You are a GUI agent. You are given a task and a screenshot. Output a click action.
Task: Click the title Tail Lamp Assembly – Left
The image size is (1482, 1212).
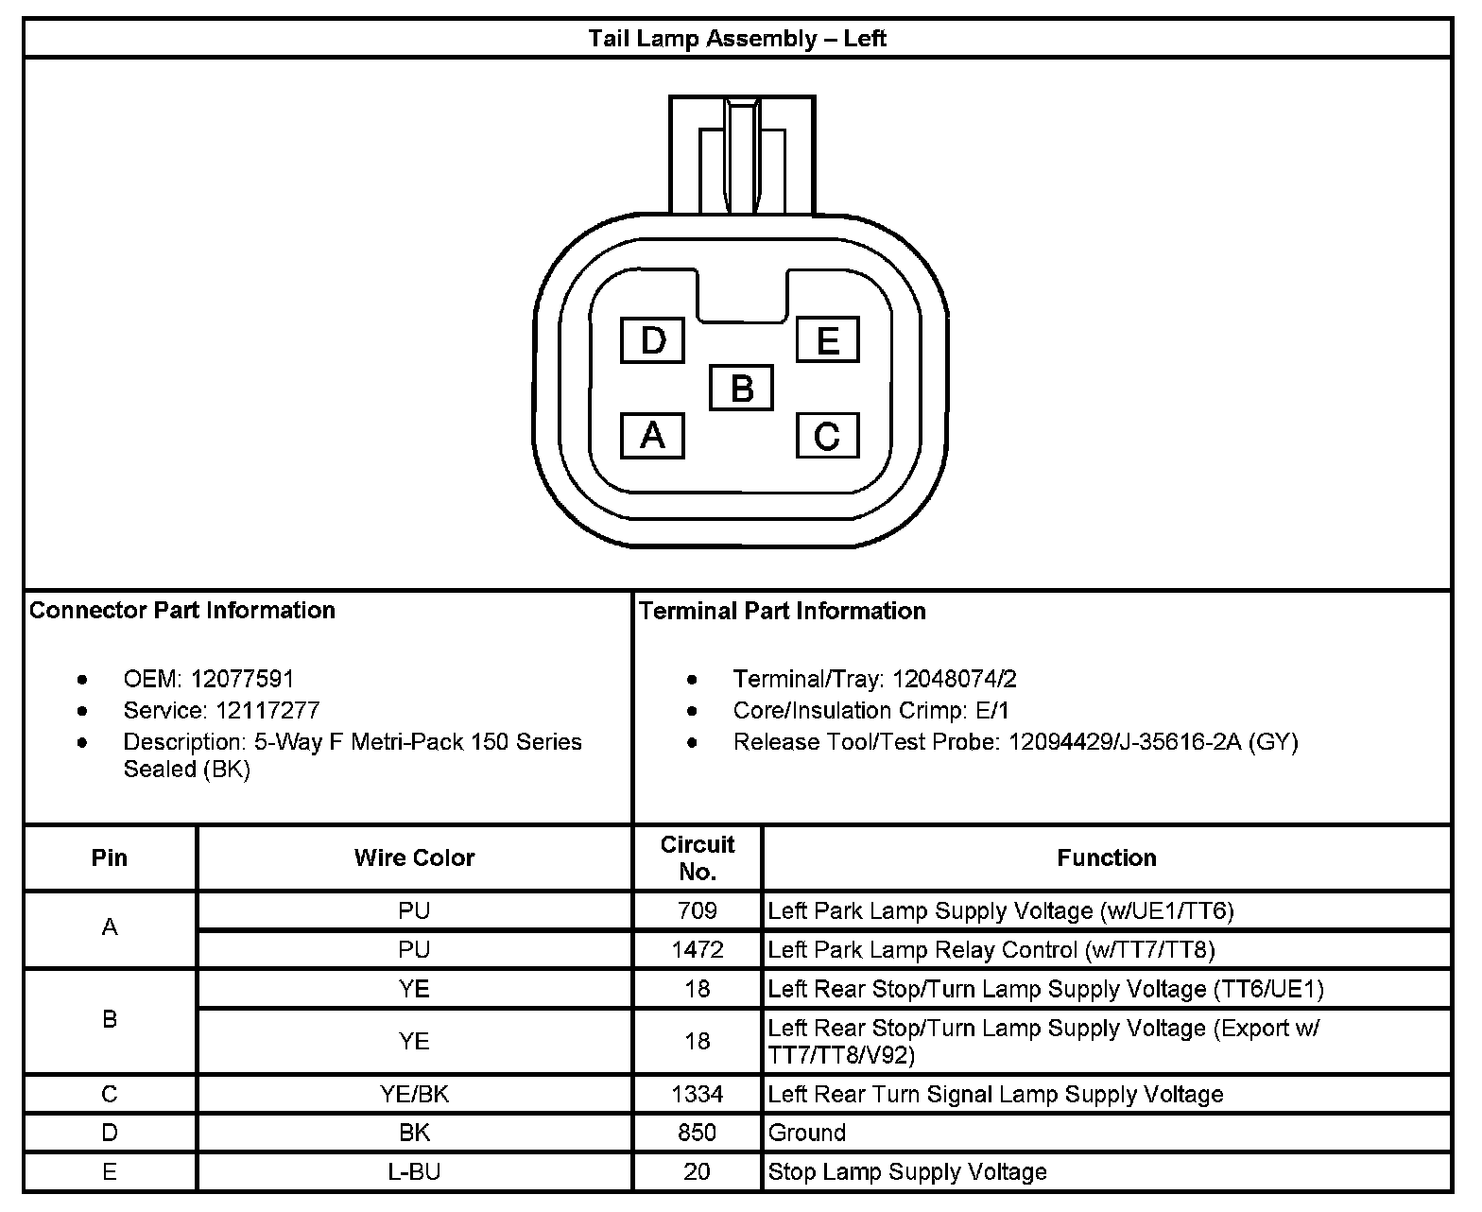pos(737,39)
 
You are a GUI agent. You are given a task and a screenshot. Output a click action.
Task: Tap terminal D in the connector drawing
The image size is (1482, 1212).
pos(652,340)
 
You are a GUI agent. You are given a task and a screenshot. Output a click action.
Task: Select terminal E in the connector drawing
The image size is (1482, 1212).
pos(827,340)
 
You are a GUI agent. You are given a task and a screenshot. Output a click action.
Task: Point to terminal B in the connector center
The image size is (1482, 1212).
pos(741,388)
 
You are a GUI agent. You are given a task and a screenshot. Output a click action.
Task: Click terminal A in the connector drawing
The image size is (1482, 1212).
pos(652,436)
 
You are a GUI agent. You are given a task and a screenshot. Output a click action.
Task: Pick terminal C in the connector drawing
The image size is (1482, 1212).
pos(827,436)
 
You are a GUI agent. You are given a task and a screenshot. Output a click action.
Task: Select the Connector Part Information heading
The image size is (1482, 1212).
pos(182,610)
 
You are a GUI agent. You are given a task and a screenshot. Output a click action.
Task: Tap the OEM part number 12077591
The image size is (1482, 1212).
pos(242,679)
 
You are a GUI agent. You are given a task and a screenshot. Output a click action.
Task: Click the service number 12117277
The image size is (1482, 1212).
pos(267,710)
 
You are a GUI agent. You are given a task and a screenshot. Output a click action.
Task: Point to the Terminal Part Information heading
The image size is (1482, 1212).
pos(783,611)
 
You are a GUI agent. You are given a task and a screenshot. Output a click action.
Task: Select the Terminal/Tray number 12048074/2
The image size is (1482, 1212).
pos(955,679)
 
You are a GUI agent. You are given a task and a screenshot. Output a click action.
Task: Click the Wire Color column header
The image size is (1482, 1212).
pos(414,857)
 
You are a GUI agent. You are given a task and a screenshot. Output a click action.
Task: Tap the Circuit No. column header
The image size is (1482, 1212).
pos(698,857)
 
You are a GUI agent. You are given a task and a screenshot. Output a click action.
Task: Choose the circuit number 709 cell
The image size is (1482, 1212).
pos(698,910)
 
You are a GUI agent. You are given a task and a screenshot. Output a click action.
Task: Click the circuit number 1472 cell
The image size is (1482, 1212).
pos(698,949)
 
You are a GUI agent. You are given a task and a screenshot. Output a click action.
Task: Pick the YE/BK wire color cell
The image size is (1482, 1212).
pos(414,1094)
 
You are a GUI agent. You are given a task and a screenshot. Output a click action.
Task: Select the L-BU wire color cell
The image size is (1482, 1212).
pos(414,1171)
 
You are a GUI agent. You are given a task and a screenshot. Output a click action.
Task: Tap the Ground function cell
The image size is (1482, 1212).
pos(807,1133)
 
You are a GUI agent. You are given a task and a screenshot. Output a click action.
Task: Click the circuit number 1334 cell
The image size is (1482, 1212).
pos(698,1094)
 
